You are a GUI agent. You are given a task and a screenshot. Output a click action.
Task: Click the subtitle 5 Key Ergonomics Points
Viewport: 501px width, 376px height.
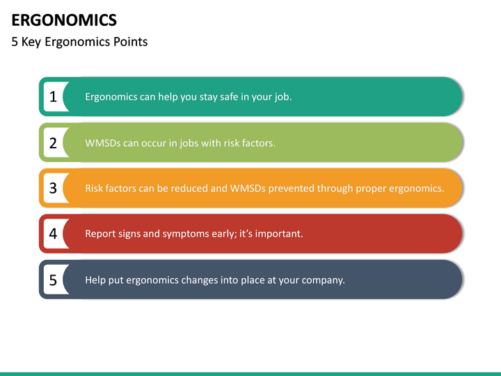click(79, 42)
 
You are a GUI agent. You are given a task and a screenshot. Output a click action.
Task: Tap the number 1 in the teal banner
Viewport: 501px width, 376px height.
click(53, 97)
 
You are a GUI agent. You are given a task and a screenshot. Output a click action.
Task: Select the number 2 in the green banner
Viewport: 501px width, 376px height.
click(53, 143)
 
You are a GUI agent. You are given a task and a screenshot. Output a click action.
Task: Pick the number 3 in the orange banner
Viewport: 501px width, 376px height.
click(53, 188)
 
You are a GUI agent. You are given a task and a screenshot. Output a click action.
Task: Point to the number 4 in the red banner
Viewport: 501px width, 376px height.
click(53, 234)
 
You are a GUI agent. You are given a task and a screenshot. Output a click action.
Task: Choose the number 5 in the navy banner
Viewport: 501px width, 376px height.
click(53, 280)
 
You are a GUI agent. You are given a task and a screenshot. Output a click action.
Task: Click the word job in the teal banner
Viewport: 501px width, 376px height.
click(281, 97)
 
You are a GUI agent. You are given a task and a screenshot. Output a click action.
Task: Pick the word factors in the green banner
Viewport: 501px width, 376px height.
click(257, 143)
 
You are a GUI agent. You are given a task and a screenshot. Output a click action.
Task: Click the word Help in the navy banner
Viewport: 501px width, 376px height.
click(96, 280)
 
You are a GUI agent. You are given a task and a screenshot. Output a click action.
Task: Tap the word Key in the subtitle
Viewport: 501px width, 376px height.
click(32, 42)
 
